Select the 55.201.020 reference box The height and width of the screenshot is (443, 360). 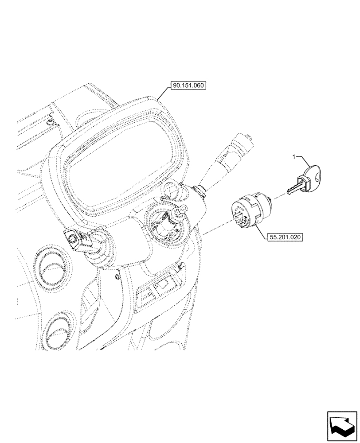pos(285,237)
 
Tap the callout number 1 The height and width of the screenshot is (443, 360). pos(293,156)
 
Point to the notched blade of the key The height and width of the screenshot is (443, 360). pos(292,189)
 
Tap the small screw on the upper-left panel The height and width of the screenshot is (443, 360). pos(50,120)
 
